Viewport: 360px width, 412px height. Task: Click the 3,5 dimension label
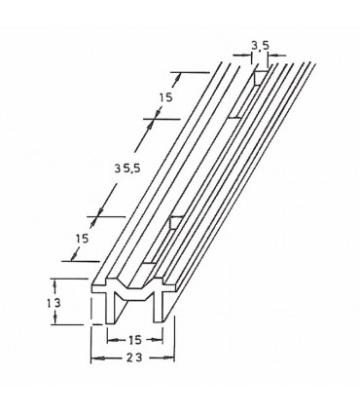point(261,46)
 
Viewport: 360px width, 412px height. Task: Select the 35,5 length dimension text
point(127,169)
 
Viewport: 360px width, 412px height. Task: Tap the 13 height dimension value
point(54,304)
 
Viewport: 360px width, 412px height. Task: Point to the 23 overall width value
point(135,357)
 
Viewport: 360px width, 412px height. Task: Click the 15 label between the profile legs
point(135,340)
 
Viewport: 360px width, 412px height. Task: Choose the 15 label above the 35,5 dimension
point(165,97)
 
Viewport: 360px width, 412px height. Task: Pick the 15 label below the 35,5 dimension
point(82,239)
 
